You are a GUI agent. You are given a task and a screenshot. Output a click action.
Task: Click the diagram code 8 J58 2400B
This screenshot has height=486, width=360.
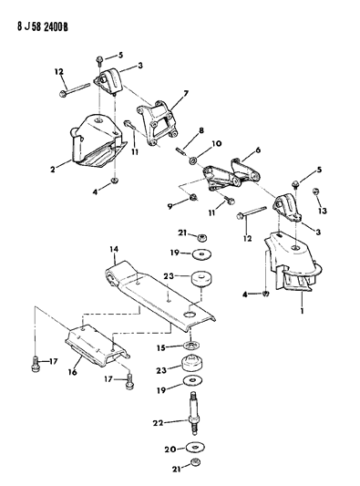[43, 27]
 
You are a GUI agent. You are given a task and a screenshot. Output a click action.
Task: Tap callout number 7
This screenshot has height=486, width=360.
[186, 93]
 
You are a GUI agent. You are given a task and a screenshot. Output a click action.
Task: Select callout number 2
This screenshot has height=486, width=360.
[53, 170]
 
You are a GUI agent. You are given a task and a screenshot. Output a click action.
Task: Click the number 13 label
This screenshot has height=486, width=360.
[323, 211]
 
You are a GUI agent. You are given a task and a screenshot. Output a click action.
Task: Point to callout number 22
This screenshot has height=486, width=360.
[158, 422]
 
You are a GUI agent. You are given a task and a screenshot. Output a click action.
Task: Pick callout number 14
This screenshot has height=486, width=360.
[114, 249]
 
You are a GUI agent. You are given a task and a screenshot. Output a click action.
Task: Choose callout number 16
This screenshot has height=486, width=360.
[72, 372]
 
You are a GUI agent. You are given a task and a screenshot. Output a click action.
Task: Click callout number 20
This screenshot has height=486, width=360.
[170, 450]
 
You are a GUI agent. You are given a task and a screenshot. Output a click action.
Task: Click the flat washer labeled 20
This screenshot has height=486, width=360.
[195, 448]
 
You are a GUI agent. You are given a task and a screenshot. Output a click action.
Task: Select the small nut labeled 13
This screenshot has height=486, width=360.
[316, 191]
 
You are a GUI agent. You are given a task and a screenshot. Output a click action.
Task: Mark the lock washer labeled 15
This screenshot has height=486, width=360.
[190, 345]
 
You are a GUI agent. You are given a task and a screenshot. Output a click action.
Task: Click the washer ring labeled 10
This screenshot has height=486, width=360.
[193, 160]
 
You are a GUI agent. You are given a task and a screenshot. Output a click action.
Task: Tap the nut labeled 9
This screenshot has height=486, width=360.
[193, 197]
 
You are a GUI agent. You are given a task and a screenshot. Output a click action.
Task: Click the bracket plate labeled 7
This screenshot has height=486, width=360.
[158, 124]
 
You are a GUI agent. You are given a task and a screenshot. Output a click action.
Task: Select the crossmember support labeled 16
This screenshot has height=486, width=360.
[97, 344]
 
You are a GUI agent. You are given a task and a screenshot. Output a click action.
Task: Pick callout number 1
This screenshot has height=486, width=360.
[303, 310]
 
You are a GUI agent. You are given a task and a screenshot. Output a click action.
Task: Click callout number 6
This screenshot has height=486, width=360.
[257, 150]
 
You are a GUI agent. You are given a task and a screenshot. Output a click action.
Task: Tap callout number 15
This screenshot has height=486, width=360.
[160, 347]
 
